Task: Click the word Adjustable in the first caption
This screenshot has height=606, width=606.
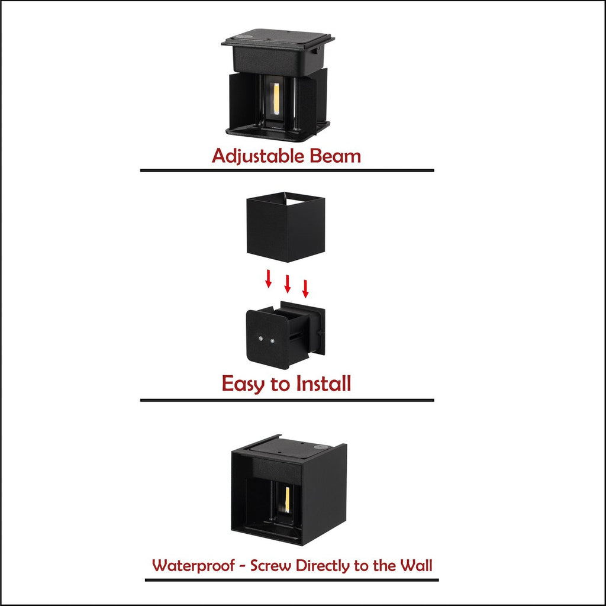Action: [258, 156]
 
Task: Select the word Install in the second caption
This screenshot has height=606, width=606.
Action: [324, 383]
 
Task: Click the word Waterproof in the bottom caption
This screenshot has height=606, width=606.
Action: [194, 566]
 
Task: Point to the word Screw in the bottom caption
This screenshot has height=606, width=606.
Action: [270, 565]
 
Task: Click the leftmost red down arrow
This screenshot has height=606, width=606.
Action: [268, 279]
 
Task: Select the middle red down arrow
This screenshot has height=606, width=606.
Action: [287, 283]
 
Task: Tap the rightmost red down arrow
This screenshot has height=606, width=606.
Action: [305, 289]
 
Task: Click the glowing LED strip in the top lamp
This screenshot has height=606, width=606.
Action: [276, 99]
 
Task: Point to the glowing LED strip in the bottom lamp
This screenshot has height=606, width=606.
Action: [287, 499]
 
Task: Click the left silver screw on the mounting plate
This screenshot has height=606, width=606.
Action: [261, 339]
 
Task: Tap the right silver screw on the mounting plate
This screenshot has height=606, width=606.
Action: [272, 341]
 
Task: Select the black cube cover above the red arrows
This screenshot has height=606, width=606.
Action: [286, 227]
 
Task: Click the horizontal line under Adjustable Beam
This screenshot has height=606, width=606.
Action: [287, 170]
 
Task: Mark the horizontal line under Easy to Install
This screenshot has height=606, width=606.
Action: [287, 400]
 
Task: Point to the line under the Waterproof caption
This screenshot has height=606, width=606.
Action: [292, 580]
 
